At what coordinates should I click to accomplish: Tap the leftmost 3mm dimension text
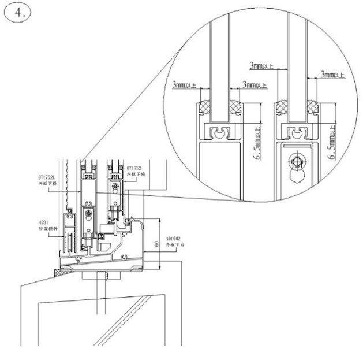[x=184, y=86]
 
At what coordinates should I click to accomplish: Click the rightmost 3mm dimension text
[x=332, y=75]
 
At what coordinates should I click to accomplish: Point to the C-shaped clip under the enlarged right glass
[x=298, y=134]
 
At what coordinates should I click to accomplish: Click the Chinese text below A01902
[x=174, y=245]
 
